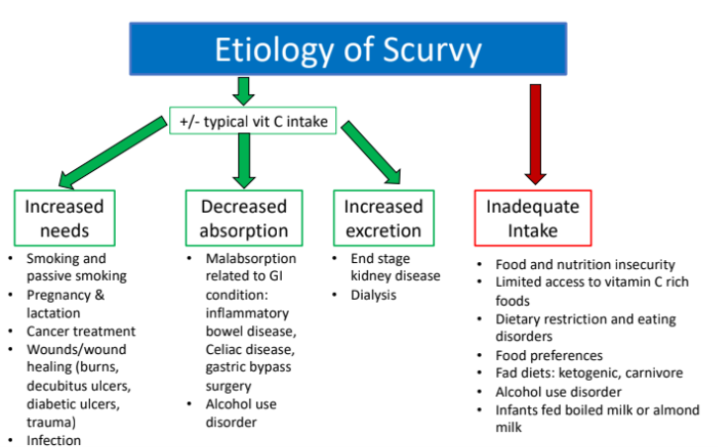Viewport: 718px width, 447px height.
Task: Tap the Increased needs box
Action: point(64,219)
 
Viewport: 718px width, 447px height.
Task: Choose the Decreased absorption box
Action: point(243,219)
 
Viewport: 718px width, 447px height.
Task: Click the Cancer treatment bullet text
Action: point(81,331)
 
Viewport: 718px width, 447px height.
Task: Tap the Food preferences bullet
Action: point(549,355)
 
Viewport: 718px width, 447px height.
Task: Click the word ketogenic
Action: point(589,373)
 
